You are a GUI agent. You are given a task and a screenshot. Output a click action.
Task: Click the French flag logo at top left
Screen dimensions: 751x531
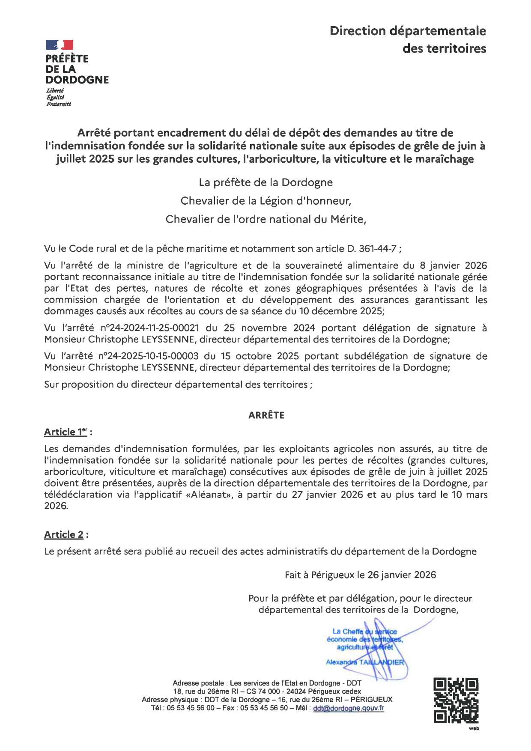point(60,45)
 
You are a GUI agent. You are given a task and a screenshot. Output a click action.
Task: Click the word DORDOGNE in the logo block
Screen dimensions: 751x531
point(77,80)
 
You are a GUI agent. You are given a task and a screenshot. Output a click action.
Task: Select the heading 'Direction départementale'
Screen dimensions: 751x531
point(408,31)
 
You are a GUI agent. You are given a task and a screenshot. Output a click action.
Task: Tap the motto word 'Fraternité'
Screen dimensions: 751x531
point(59,104)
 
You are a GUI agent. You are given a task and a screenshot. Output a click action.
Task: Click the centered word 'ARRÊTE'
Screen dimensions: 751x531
point(266,415)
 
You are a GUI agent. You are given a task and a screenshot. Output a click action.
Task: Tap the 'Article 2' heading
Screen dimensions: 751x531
point(64,535)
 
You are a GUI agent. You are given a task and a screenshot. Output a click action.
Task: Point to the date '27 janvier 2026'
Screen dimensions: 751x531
point(328,495)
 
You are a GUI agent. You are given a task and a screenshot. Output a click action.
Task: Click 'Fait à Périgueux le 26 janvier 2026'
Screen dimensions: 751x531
point(360,575)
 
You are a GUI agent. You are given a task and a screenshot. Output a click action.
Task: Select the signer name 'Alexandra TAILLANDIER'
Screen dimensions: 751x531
point(365,662)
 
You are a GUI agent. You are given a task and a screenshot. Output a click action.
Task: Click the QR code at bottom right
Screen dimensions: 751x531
point(456,700)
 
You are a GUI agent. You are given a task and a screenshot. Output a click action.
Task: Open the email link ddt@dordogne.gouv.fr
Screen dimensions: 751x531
point(348,708)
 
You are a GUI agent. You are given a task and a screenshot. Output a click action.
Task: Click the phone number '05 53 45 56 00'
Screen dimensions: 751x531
point(191,708)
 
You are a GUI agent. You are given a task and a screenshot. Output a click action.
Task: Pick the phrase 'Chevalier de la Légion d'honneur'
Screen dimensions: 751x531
point(265,201)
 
